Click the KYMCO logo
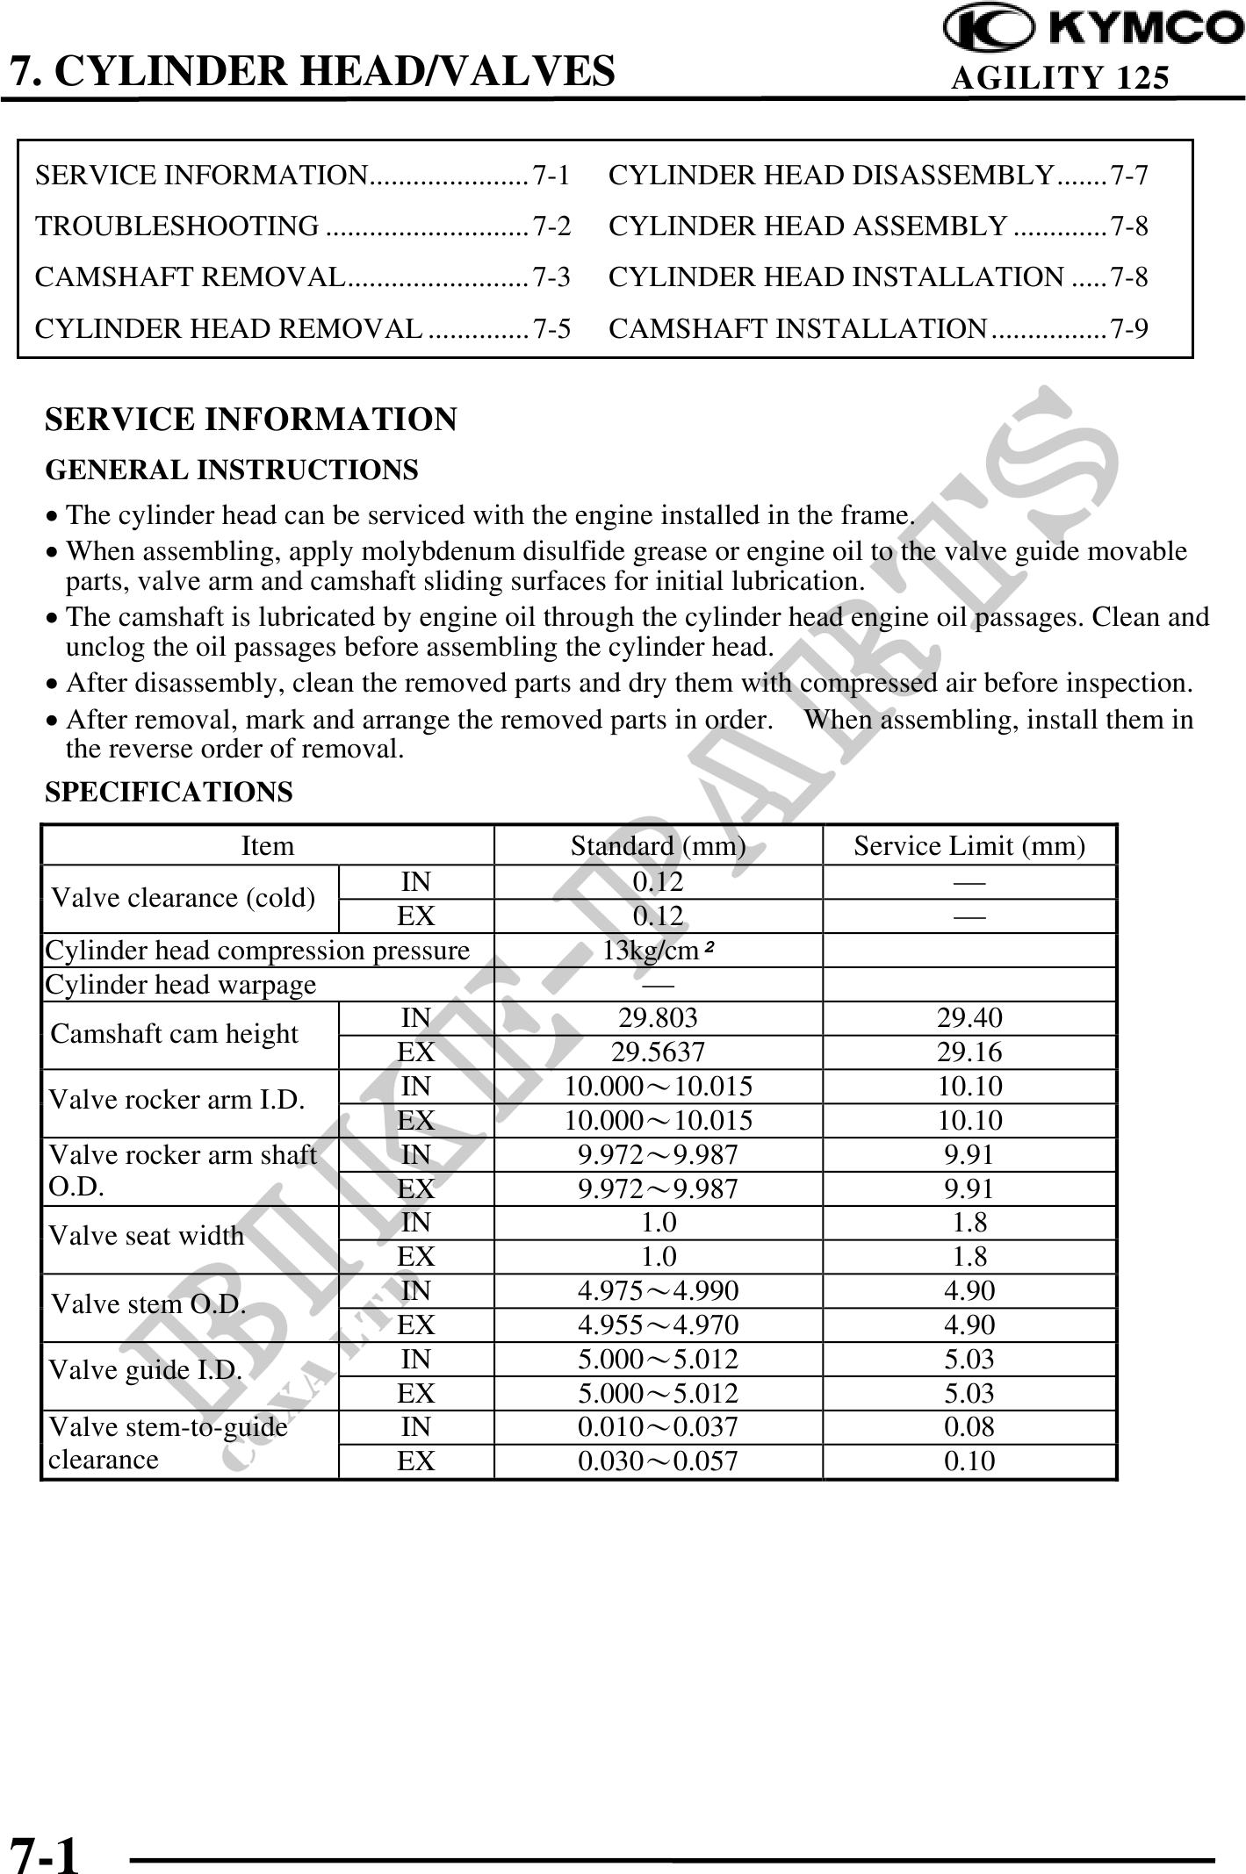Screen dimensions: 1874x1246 point(1094,28)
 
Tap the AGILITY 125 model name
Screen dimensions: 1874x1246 point(1060,79)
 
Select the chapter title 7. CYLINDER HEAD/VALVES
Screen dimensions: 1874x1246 point(312,70)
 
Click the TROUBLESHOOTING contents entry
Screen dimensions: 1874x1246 point(177,226)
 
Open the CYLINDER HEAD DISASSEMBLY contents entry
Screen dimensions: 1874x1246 point(831,176)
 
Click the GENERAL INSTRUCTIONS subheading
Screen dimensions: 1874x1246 point(232,470)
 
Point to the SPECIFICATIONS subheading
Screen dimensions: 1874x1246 point(169,793)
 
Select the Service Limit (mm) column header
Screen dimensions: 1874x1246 point(969,846)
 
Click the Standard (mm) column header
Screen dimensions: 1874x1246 point(658,846)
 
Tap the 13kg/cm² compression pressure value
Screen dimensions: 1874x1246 point(658,951)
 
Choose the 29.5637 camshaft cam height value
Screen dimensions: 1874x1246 point(658,1052)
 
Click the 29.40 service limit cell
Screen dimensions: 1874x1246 point(969,1018)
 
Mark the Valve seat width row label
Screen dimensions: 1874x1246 point(147,1236)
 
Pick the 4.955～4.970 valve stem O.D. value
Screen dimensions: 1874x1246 point(658,1325)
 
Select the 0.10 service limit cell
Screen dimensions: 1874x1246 point(969,1461)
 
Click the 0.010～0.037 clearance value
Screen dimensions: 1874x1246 point(658,1427)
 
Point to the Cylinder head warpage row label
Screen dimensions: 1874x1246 point(180,985)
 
